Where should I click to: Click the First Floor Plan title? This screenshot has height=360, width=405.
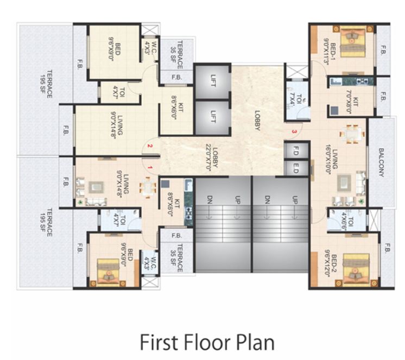click(207, 343)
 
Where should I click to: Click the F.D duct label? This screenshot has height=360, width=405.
click(296, 149)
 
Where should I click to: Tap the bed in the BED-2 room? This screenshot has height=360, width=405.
click(354, 269)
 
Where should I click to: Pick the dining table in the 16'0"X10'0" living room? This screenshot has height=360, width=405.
click(353, 133)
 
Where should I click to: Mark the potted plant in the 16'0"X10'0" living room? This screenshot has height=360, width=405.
click(360, 201)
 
